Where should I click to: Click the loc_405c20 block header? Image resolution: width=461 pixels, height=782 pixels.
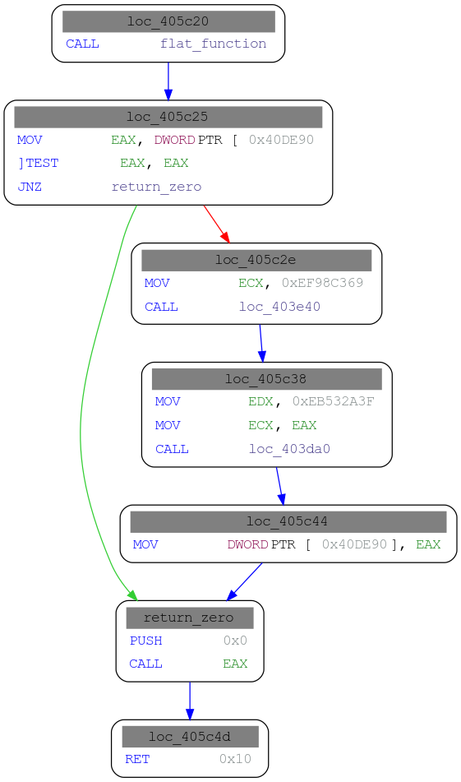click(x=168, y=21)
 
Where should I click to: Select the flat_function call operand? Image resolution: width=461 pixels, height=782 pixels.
click(x=213, y=44)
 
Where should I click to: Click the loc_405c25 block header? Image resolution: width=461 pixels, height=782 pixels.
click(x=168, y=117)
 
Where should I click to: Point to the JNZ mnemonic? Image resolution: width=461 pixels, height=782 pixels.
click(x=29, y=187)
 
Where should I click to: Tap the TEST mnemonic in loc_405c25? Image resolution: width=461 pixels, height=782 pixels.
click(x=42, y=163)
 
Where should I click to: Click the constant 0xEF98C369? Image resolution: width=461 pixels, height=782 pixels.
click(x=322, y=283)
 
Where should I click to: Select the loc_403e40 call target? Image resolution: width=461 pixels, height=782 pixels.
click(x=279, y=307)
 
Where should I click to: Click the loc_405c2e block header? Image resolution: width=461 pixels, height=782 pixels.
click(x=256, y=260)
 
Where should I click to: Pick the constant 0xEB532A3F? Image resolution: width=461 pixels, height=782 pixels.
click(x=333, y=402)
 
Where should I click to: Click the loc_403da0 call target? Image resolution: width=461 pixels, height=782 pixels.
click(x=289, y=449)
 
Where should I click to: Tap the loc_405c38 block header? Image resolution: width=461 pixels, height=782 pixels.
click(x=266, y=379)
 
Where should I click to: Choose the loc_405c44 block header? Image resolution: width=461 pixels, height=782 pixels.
click(x=288, y=521)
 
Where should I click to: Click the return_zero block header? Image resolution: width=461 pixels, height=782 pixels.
click(x=189, y=618)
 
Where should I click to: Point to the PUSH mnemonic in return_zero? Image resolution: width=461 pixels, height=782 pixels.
click(x=145, y=641)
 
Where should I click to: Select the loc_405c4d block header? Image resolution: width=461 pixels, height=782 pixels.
click(x=189, y=736)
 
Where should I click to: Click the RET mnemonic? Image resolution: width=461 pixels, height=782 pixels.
click(x=136, y=759)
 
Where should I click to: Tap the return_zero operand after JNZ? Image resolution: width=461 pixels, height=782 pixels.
click(x=156, y=187)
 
